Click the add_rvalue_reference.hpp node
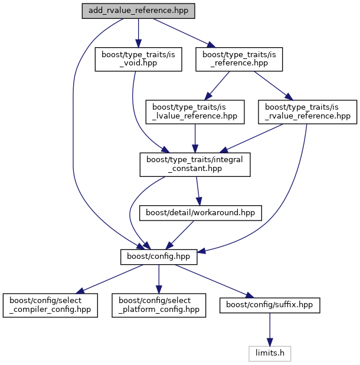(x=138, y=11)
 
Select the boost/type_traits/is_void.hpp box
(x=138, y=59)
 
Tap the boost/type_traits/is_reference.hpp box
(x=239, y=59)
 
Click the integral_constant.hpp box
(x=195, y=163)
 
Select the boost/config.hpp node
(x=158, y=257)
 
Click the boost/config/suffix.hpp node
(x=270, y=304)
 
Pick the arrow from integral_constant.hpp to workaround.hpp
(x=198, y=190)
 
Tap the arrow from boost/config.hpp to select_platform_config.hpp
(x=158, y=277)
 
